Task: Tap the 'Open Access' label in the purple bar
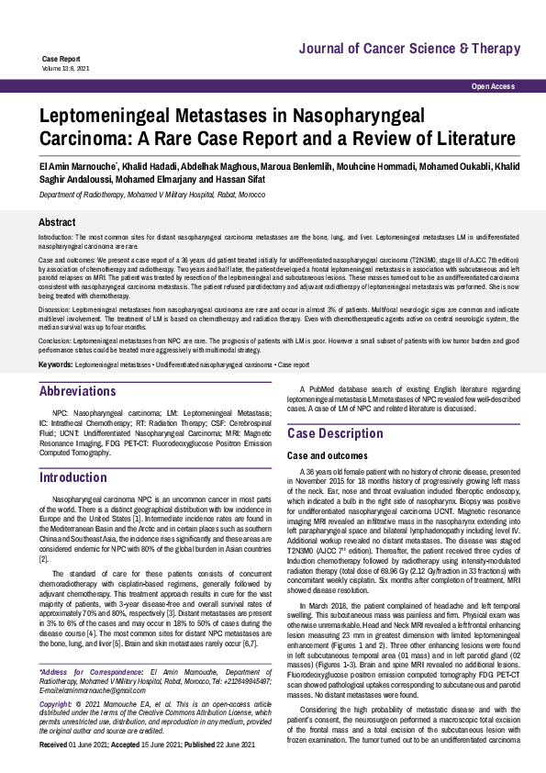(493, 86)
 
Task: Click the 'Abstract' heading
(57, 223)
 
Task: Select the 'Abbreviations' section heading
(78, 391)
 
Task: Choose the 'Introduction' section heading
(73, 477)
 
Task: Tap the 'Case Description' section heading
(335, 433)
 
